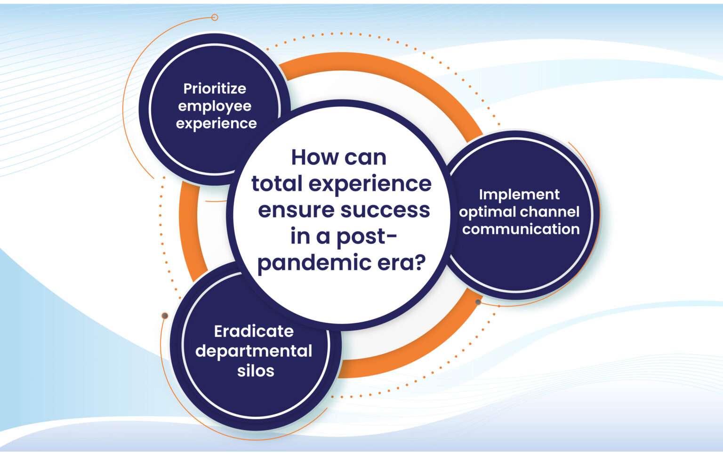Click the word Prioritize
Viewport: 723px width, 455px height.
coord(215,89)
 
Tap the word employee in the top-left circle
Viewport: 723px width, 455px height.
coord(215,106)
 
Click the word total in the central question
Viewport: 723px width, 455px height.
coord(276,184)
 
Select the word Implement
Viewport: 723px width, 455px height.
coord(519,195)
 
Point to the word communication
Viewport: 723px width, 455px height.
coord(521,229)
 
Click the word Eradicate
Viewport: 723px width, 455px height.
coord(254,331)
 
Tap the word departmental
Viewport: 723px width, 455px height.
coord(254,351)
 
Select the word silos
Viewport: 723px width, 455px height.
coord(256,371)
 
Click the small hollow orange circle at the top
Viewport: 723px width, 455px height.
coord(215,17)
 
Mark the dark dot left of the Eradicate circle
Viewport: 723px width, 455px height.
coord(165,316)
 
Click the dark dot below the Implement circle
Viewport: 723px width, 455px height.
coord(478,302)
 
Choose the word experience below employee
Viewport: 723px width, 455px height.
coord(217,124)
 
